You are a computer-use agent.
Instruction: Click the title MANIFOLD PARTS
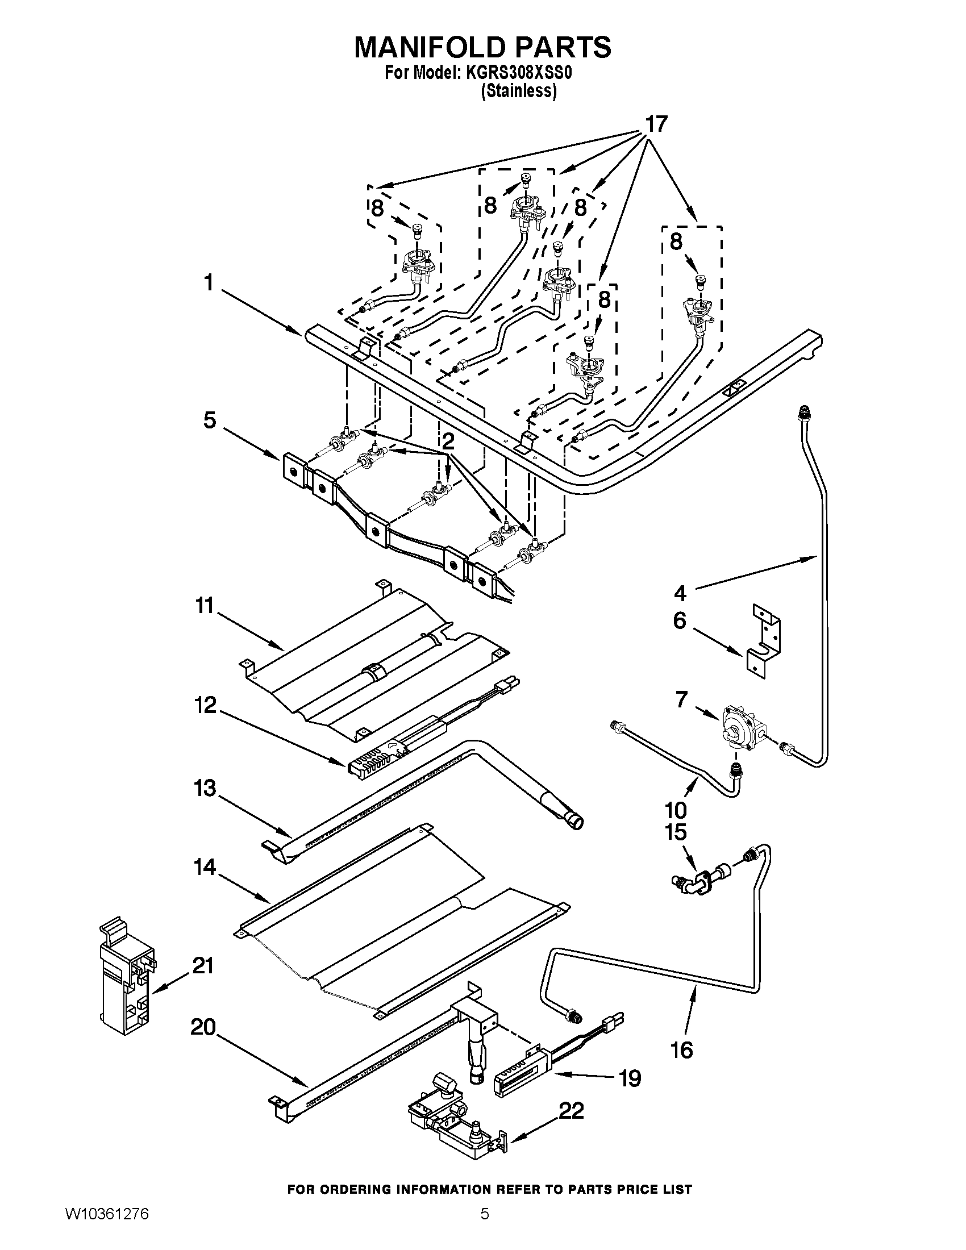point(482,47)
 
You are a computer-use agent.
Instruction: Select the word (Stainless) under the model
point(519,91)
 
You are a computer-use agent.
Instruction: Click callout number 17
point(656,124)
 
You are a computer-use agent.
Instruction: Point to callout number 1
point(209,282)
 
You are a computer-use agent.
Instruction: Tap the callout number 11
point(205,605)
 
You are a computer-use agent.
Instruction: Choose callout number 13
point(205,788)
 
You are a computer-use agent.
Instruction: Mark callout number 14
point(205,867)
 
